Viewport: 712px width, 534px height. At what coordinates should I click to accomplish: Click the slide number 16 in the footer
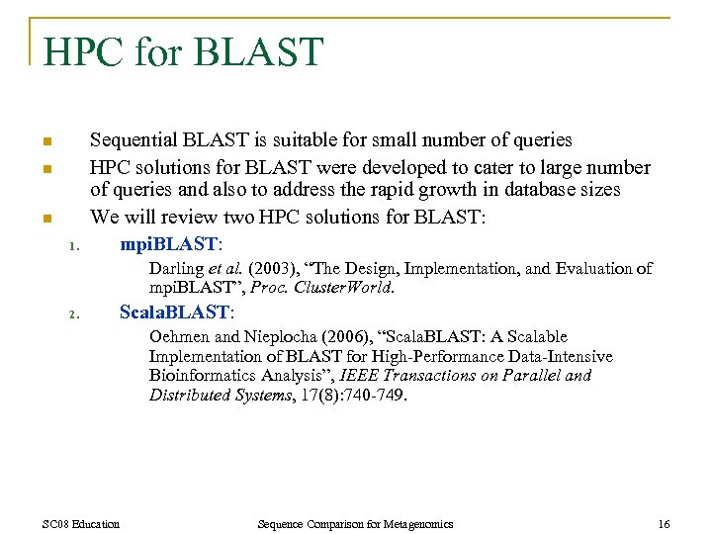[x=664, y=524]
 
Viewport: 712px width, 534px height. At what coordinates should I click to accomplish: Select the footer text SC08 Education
[x=82, y=524]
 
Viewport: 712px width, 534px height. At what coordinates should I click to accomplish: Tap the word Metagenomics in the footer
[x=414, y=524]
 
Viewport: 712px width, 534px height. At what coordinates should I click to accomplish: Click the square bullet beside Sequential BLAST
[x=46, y=141]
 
